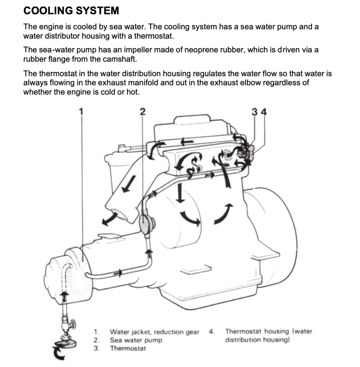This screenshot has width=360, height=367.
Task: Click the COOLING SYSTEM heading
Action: pyautogui.click(x=71, y=11)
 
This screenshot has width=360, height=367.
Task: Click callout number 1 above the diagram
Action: pyautogui.click(x=81, y=112)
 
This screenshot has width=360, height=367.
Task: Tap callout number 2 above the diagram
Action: pyautogui.click(x=142, y=112)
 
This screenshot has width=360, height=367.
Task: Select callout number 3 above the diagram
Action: pyautogui.click(x=255, y=112)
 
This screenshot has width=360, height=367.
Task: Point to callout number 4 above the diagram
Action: pyautogui.click(x=264, y=112)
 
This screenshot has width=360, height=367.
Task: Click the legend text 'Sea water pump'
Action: pyautogui.click(x=136, y=340)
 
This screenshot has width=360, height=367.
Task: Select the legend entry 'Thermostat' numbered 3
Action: pyautogui.click(x=128, y=348)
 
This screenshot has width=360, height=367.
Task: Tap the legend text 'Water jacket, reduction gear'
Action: pyautogui.click(x=154, y=332)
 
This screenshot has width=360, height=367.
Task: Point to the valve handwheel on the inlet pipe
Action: pyautogui.click(x=73, y=323)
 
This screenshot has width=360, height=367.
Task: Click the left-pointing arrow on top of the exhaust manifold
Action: pyautogui.click(x=187, y=141)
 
